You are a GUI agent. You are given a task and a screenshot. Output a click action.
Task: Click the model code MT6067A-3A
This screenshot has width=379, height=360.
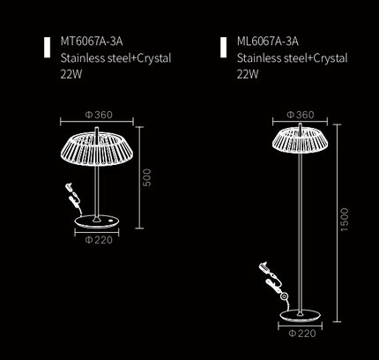(x=92, y=41)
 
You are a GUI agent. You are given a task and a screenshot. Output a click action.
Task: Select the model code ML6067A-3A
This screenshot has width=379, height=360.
(x=268, y=41)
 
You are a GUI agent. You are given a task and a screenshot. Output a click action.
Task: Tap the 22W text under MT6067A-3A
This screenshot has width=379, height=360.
(x=71, y=74)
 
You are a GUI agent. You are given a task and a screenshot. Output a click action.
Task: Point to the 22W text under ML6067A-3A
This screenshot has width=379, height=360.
(x=248, y=74)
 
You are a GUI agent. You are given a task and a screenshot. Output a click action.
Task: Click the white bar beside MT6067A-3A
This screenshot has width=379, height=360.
(x=47, y=47)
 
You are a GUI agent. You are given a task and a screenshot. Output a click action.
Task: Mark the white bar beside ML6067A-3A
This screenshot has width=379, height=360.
(x=223, y=47)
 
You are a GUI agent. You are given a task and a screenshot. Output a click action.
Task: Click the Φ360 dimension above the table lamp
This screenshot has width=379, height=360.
(x=99, y=115)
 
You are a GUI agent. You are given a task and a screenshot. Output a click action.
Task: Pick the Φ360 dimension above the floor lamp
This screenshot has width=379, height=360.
(x=301, y=115)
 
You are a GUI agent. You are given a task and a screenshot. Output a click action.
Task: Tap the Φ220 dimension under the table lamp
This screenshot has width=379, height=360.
(x=99, y=240)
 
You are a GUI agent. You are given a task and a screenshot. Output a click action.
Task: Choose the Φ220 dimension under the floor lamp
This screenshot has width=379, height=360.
(x=302, y=334)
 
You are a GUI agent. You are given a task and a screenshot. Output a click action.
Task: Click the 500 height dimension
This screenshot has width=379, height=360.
(x=147, y=177)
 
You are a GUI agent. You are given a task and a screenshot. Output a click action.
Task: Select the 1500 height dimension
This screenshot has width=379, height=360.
(x=344, y=220)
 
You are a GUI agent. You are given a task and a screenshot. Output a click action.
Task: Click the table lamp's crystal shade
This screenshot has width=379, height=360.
(x=97, y=150)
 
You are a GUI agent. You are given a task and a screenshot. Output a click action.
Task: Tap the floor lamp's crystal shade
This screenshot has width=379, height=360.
(x=300, y=140)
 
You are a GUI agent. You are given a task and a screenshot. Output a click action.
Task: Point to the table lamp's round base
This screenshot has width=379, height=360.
(x=97, y=221)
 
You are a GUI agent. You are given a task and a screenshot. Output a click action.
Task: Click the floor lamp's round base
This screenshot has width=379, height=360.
(x=300, y=316)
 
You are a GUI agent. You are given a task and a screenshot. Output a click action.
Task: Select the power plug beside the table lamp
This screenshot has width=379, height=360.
(x=70, y=187)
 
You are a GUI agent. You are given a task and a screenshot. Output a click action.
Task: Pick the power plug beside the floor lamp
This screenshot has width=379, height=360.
(x=264, y=266)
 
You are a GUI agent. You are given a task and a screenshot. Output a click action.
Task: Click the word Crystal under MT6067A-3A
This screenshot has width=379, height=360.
(x=154, y=58)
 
